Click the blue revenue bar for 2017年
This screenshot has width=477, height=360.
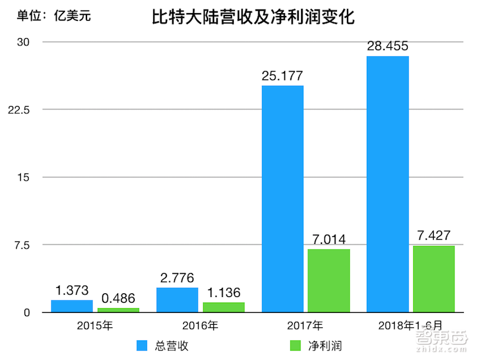(282, 198)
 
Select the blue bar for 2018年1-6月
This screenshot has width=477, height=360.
(387, 184)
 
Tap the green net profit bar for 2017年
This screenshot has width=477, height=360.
(329, 280)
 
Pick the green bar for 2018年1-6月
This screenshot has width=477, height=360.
(433, 278)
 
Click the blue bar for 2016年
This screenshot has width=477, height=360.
(177, 300)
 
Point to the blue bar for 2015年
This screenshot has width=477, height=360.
(72, 306)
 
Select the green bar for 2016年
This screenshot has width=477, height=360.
(224, 307)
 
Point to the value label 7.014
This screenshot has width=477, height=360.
(329, 240)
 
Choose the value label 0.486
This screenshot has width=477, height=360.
(118, 298)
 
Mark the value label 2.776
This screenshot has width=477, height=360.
(177, 278)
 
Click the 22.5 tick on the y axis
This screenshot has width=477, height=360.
(20, 110)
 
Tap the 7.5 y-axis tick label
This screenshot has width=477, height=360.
(23, 245)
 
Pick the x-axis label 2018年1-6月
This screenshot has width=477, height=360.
(411, 326)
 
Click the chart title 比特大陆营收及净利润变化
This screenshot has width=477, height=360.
(253, 18)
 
